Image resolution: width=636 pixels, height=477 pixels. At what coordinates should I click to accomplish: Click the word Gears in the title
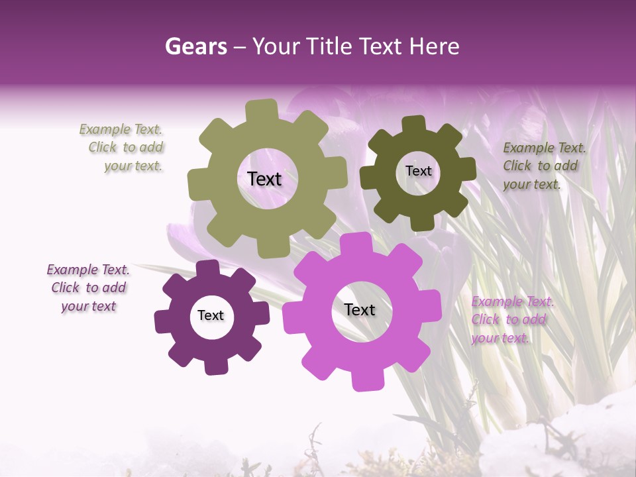[196, 46]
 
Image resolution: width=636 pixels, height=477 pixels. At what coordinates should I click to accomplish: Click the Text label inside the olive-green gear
[264, 179]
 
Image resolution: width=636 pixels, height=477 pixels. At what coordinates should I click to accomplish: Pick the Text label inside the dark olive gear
[418, 171]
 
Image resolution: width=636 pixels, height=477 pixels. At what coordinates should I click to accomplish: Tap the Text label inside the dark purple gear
[211, 315]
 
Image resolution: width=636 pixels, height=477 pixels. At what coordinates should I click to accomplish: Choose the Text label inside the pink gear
[360, 309]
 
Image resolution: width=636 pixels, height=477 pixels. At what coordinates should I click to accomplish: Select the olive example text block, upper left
[126, 148]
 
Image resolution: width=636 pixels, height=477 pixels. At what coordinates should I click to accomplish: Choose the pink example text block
[511, 320]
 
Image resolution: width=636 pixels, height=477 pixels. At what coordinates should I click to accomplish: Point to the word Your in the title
[276, 46]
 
